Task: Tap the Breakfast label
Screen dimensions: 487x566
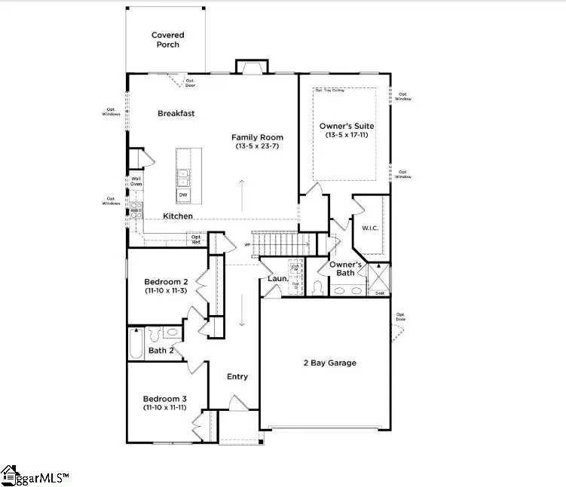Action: coord(176,113)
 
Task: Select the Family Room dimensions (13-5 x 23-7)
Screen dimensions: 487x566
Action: coord(257,147)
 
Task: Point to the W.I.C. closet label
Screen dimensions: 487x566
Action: coord(369,228)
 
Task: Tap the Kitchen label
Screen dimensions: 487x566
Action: coord(178,216)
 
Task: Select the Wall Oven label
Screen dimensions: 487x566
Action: coord(136,182)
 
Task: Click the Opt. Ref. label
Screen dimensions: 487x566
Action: coord(195,240)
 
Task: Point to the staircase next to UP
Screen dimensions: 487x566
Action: coord(281,244)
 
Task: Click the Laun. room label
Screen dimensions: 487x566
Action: coord(276,279)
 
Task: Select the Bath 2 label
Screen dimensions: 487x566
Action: coord(161,351)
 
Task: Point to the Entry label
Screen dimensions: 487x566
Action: coord(237,377)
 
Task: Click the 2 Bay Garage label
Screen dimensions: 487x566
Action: coord(331,363)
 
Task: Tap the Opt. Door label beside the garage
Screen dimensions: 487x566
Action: coord(401,317)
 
